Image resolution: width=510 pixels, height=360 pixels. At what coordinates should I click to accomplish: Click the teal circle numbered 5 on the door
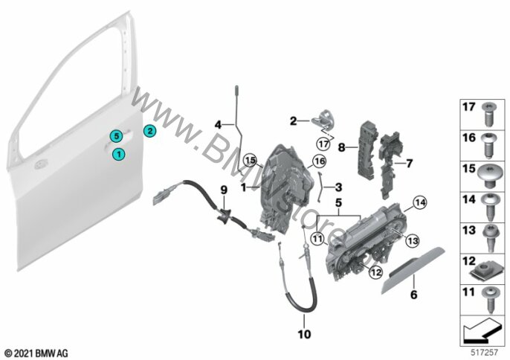pyautogui.click(x=117, y=136)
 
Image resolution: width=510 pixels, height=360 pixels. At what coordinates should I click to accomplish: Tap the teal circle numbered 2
pyautogui.click(x=149, y=131)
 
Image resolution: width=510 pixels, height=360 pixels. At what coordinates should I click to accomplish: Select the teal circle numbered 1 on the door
pyautogui.click(x=119, y=154)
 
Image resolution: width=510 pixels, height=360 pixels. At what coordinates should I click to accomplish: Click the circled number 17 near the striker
pyautogui.click(x=323, y=144)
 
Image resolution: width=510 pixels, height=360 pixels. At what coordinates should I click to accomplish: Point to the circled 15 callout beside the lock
pyautogui.click(x=251, y=160)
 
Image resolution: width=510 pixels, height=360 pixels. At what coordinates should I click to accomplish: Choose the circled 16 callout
pyautogui.click(x=319, y=161)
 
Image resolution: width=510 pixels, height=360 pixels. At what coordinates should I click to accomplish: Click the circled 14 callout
pyautogui.click(x=420, y=203)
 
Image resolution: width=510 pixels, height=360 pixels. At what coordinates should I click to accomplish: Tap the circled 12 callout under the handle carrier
pyautogui.click(x=375, y=272)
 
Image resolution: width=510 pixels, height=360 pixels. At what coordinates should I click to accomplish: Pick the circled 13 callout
pyautogui.click(x=413, y=241)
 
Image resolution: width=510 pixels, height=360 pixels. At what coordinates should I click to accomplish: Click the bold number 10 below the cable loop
pyautogui.click(x=305, y=334)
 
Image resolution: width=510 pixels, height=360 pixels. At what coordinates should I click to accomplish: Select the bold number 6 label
pyautogui.click(x=413, y=295)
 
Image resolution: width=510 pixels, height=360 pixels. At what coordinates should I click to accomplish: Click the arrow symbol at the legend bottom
pyautogui.click(x=482, y=330)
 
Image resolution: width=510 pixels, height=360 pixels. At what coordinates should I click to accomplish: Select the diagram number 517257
pyautogui.click(x=485, y=352)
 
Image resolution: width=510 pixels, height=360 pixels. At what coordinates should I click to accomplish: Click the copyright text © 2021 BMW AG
pyautogui.click(x=36, y=353)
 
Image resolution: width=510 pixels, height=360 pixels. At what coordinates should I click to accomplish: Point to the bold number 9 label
pyautogui.click(x=224, y=190)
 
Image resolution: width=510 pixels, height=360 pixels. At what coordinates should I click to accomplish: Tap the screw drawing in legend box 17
pyautogui.click(x=488, y=115)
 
